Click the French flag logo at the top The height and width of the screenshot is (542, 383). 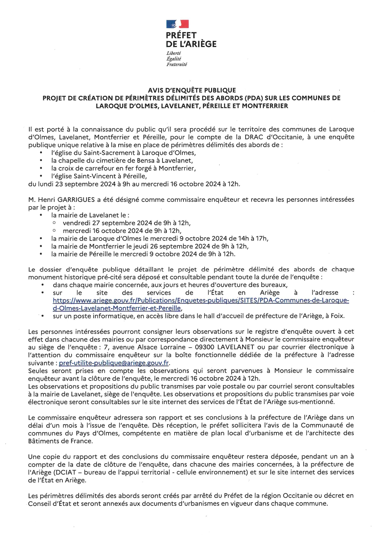[177, 24]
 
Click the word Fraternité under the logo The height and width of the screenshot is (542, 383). [177, 65]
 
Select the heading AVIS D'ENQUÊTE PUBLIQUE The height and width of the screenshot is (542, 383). [192, 90]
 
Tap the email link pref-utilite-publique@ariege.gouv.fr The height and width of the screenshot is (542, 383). [114, 363]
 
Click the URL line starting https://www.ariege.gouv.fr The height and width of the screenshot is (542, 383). [201, 300]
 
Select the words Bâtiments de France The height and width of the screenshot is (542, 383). [60, 441]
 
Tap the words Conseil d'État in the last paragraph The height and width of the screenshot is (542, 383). [49, 503]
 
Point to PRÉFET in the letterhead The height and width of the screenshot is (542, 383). [181, 36]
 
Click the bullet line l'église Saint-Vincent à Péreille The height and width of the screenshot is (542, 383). [99, 176]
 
